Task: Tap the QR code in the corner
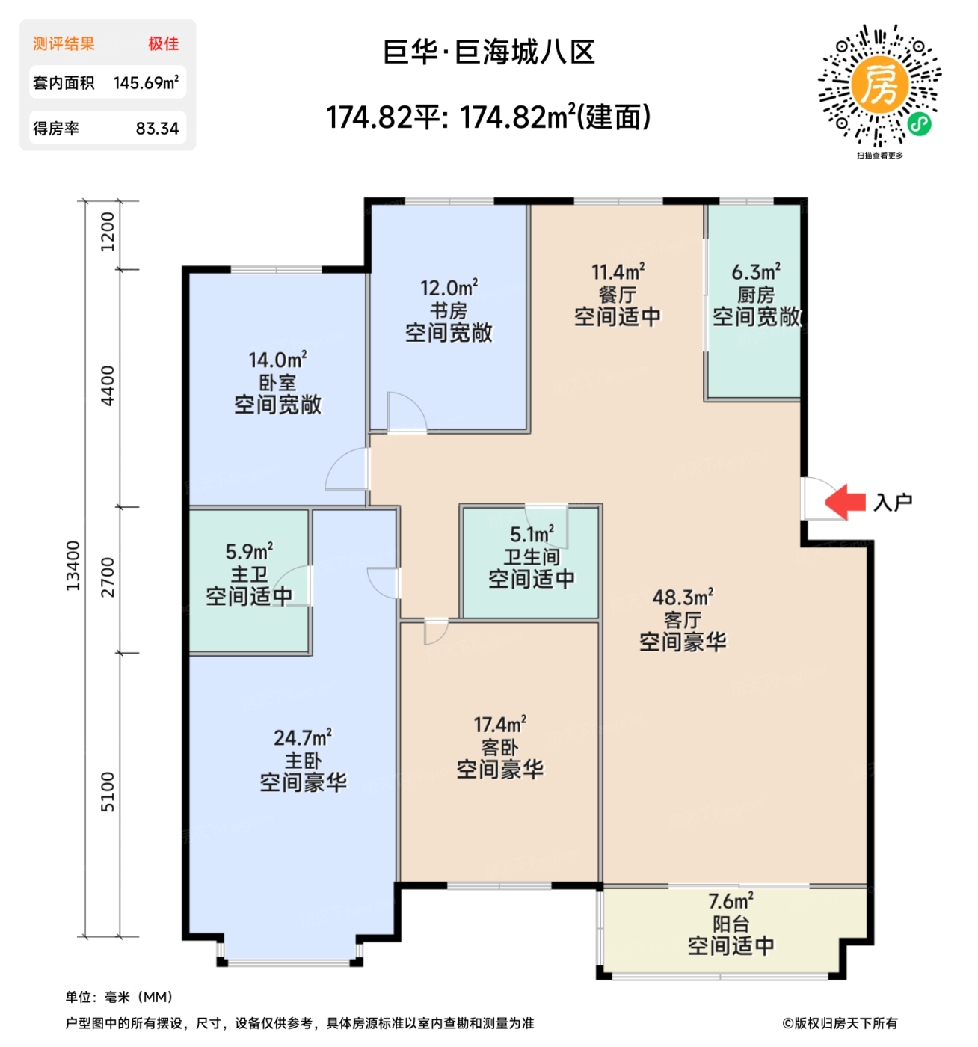point(879,85)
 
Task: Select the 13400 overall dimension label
point(73,565)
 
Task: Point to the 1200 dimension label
point(108,232)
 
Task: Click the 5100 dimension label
point(108,792)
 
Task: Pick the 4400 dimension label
point(108,386)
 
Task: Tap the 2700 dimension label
point(108,577)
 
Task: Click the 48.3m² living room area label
point(683,598)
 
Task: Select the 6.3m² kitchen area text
point(756,272)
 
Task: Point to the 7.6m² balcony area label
point(731,901)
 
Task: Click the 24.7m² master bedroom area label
point(303,738)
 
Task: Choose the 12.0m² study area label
point(449,288)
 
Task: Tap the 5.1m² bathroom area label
point(532,535)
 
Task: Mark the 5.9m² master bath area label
point(249,552)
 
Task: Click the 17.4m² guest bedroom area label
point(499,725)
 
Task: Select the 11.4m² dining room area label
point(618,272)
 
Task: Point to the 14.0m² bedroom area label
point(277,360)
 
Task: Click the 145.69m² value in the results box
point(146,83)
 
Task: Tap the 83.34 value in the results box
point(157,129)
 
